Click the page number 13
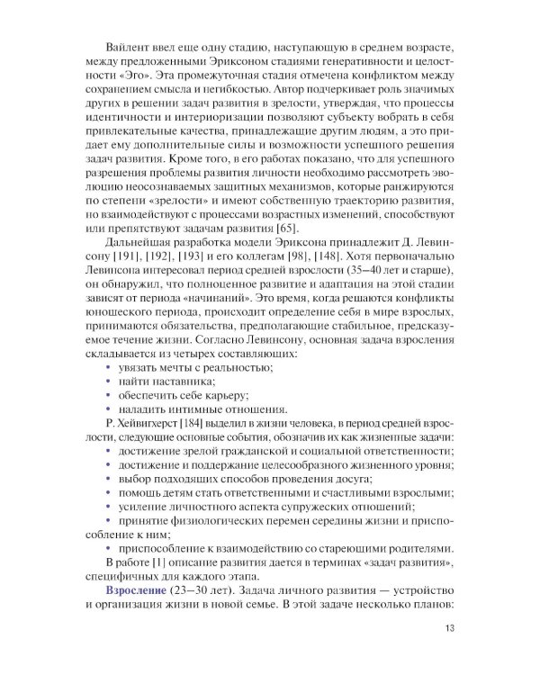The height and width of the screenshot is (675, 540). pos(438,628)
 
